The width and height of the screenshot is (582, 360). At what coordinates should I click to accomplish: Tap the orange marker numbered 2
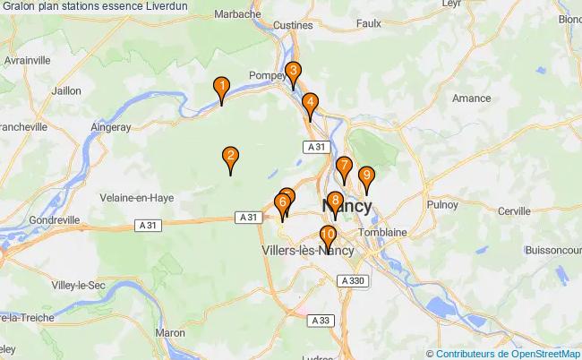tap(231, 158)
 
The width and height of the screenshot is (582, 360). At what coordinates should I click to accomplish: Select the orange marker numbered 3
tap(293, 73)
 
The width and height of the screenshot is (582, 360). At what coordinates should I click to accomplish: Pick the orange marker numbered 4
tap(310, 103)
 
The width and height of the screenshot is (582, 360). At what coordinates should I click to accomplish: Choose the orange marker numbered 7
tap(344, 167)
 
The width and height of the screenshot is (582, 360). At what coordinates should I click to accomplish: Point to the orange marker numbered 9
tap(365, 176)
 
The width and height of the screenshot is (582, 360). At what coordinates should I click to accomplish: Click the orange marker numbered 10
tap(328, 237)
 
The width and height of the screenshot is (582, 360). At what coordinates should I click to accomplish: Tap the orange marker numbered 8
tap(335, 201)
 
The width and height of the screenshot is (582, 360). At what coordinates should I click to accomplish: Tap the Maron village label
tap(169, 332)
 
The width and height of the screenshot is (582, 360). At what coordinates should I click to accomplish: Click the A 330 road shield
tap(353, 281)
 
